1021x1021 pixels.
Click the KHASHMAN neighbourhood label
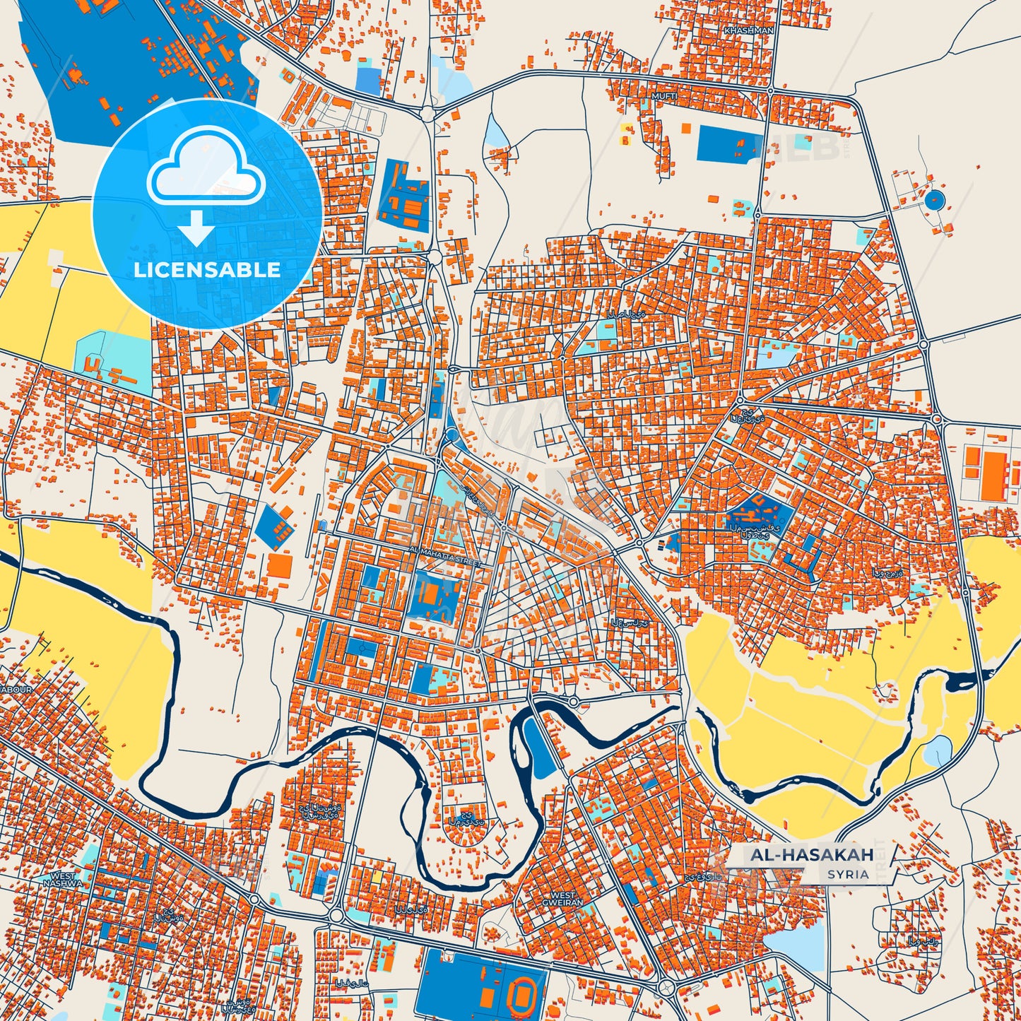749,31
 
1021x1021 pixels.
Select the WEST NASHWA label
63,880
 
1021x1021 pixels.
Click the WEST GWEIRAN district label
563,899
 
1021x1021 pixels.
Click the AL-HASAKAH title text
812,855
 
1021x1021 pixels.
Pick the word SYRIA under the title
849,874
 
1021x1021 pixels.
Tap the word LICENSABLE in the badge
207,269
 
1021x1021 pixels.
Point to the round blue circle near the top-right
935,200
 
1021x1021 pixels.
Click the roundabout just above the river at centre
573,702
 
